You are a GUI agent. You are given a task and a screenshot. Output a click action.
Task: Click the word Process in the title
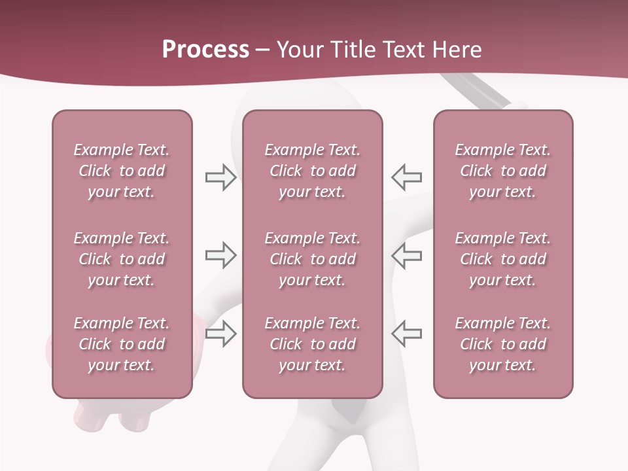(205, 50)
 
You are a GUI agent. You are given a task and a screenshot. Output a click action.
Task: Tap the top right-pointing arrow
(220, 177)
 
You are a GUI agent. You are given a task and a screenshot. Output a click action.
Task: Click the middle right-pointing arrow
(220, 255)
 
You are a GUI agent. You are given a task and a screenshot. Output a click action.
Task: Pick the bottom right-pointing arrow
(220, 334)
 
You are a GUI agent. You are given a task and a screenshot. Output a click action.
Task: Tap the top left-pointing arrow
(406, 177)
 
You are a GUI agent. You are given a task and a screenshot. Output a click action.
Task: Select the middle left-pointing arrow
(406, 255)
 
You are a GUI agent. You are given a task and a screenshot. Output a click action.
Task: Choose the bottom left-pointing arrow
(406, 334)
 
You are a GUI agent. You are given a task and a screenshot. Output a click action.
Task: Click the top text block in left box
(122, 171)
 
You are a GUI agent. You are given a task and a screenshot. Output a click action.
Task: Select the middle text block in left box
(122, 259)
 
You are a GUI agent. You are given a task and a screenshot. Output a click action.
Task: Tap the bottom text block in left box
(122, 344)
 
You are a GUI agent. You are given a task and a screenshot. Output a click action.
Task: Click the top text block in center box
(312, 171)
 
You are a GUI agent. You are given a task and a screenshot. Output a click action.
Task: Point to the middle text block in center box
(312, 259)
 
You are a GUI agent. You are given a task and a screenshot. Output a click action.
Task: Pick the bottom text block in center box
(312, 344)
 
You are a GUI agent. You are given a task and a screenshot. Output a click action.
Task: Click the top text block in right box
(502, 171)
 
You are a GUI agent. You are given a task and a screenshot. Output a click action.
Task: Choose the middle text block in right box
(502, 259)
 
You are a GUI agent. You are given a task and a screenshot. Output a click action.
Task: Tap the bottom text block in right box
(502, 344)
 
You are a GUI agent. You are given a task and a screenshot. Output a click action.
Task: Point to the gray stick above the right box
(480, 92)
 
